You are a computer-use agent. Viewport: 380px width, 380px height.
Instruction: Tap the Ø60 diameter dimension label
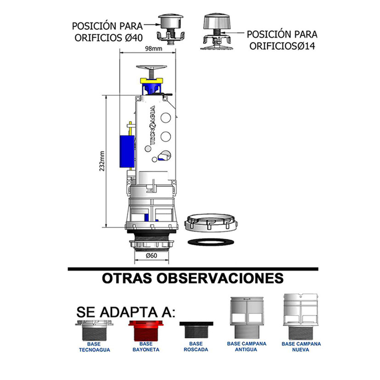click(152, 256)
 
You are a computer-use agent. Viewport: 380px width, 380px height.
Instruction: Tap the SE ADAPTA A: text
click(125, 312)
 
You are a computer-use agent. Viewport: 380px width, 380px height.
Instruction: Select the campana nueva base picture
click(301, 316)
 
